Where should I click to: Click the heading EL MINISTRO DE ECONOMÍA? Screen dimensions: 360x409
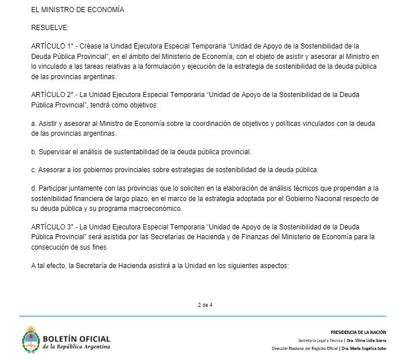coord(77,10)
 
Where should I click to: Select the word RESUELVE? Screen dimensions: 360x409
coord(49,27)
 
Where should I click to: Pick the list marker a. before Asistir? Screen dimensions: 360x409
coord(34,125)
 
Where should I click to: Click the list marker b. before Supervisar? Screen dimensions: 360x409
coord(34,152)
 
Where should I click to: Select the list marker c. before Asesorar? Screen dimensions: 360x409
coord(34,170)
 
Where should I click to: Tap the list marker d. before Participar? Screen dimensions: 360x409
coord(34,188)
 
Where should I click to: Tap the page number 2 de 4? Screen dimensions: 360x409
coord(205,305)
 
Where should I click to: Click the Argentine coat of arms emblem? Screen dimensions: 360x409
coord(31,341)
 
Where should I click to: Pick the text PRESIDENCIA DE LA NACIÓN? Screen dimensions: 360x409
coord(358,332)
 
